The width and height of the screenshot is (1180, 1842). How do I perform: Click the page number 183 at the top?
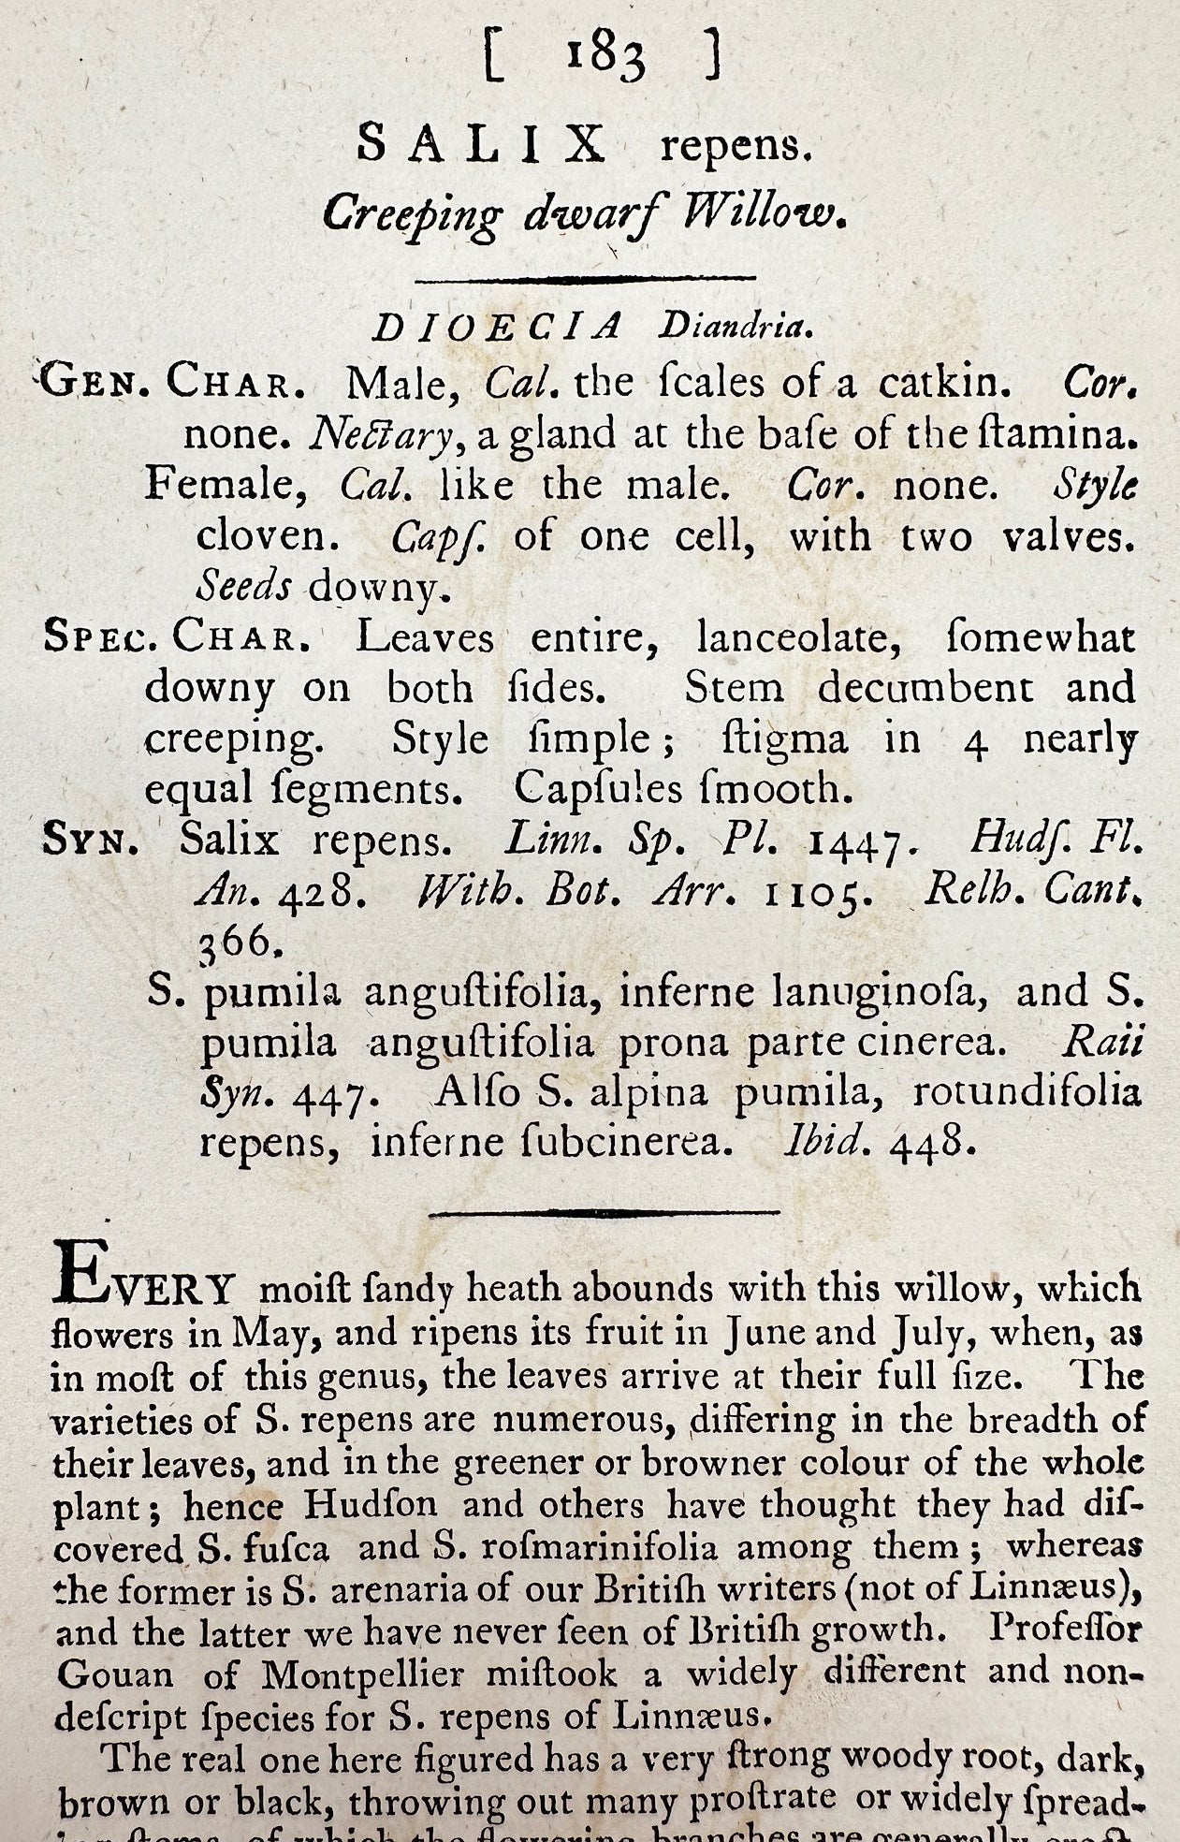coord(604,58)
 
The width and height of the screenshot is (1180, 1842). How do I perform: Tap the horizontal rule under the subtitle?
coord(585,278)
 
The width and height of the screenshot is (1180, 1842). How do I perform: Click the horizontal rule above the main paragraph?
coord(604,1211)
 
